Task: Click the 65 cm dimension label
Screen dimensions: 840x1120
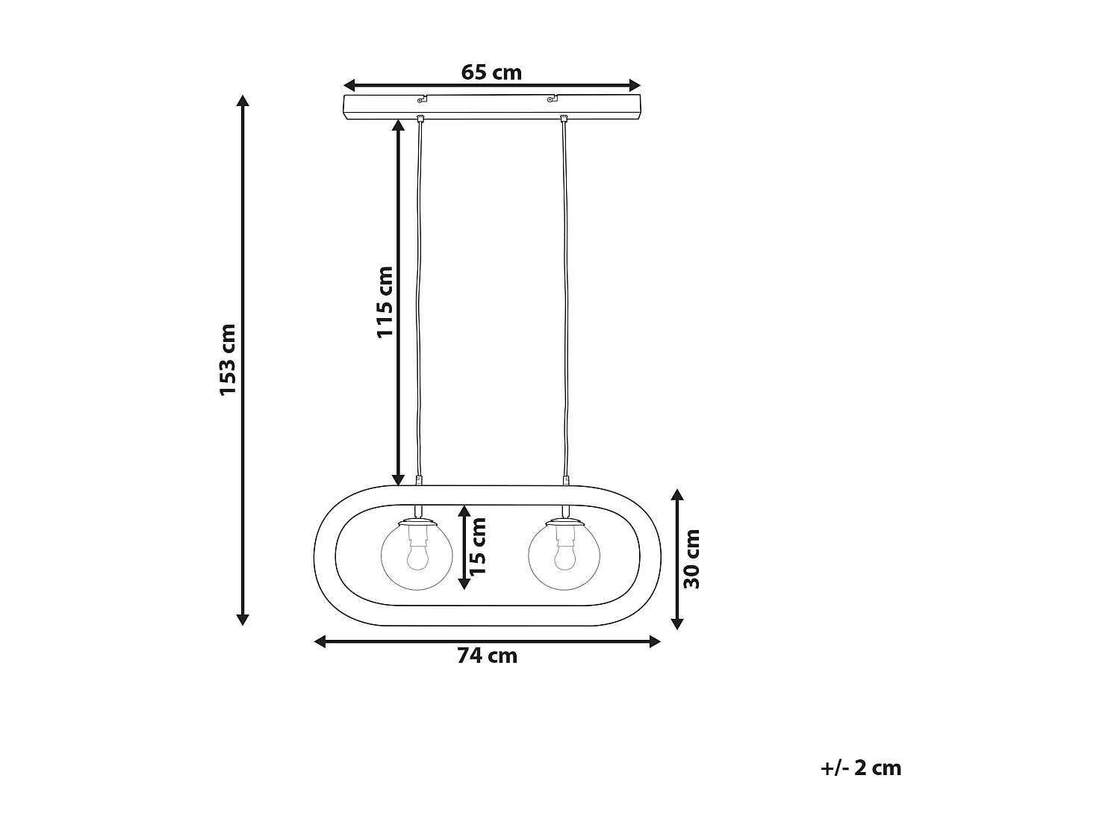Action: tap(491, 72)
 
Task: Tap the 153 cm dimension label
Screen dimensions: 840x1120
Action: tap(228, 360)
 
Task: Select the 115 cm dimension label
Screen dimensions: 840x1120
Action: tap(385, 301)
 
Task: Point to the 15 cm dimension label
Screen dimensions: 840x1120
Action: tap(479, 547)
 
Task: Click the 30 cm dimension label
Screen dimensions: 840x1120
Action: tap(693, 559)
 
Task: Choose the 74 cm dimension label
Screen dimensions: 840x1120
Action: tap(487, 656)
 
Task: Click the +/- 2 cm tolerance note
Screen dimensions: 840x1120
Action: tap(861, 768)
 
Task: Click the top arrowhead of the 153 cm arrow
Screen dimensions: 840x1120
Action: tap(242, 101)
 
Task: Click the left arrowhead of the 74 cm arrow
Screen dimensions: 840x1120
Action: tap(320, 641)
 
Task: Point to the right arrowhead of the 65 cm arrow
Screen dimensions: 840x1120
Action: tap(635, 84)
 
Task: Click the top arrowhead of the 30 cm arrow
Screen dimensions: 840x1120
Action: tap(677, 495)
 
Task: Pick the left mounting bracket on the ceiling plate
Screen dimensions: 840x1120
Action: tap(422, 98)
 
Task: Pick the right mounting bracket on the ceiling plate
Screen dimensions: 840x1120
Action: tap(553, 98)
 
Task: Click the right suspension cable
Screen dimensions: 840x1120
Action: tap(565, 299)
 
